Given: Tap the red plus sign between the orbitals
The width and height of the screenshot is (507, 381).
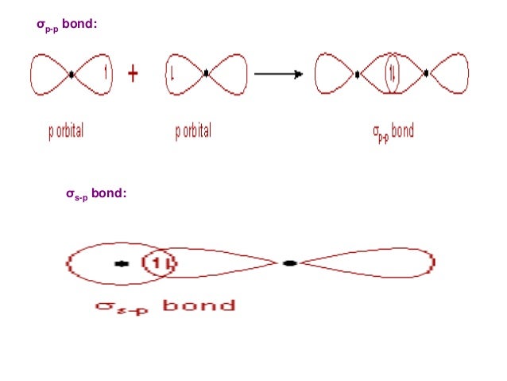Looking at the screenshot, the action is point(133,74).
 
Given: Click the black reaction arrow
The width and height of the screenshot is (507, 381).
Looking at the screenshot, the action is point(278,75).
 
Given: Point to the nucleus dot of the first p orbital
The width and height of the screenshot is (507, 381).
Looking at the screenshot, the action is point(72,74).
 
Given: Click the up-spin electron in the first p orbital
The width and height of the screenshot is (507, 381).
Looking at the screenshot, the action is point(105,74).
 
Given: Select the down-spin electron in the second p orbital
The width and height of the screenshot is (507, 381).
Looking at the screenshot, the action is point(172,75).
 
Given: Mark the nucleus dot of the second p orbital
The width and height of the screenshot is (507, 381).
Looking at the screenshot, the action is point(206,74).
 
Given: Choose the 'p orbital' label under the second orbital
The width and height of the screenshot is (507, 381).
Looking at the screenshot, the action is point(193,131).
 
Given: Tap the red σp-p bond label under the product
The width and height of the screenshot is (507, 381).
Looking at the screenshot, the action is point(393,131).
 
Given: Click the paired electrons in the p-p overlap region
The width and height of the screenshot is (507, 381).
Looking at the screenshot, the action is point(392,75).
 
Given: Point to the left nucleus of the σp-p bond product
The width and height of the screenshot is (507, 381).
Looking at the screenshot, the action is point(358,74).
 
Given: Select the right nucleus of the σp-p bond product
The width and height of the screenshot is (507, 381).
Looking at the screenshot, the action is point(427,74).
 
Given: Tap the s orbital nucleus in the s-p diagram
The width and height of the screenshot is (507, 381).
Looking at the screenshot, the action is point(122,262).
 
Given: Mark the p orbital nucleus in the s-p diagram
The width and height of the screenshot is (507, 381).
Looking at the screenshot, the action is point(289,262).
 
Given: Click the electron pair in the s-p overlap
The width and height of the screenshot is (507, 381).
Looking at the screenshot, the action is point(161,262).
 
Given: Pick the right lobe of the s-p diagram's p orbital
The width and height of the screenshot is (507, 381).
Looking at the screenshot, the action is point(373,262).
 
